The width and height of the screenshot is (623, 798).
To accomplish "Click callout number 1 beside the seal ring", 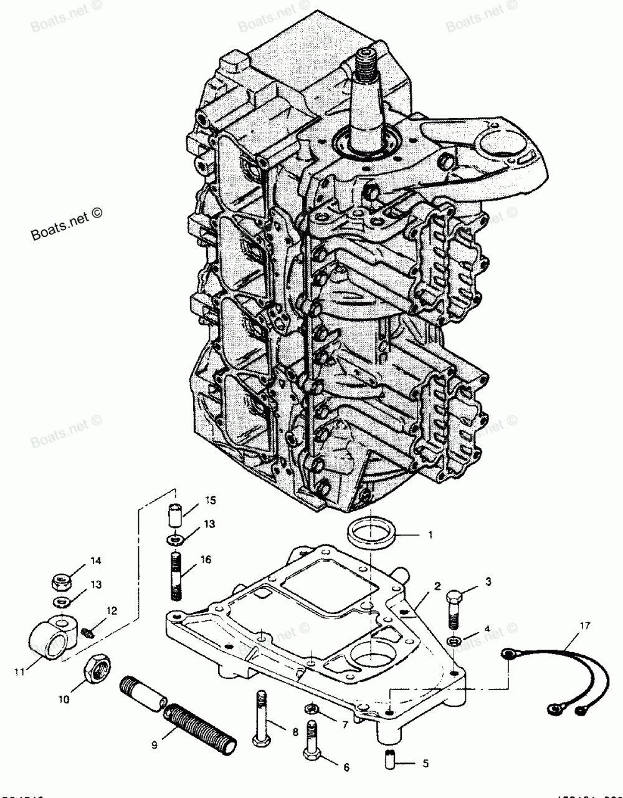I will coord(429,535).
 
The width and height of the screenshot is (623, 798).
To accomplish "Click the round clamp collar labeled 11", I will coord(88,633).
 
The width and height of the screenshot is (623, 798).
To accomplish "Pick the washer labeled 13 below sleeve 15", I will coord(174,537).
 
